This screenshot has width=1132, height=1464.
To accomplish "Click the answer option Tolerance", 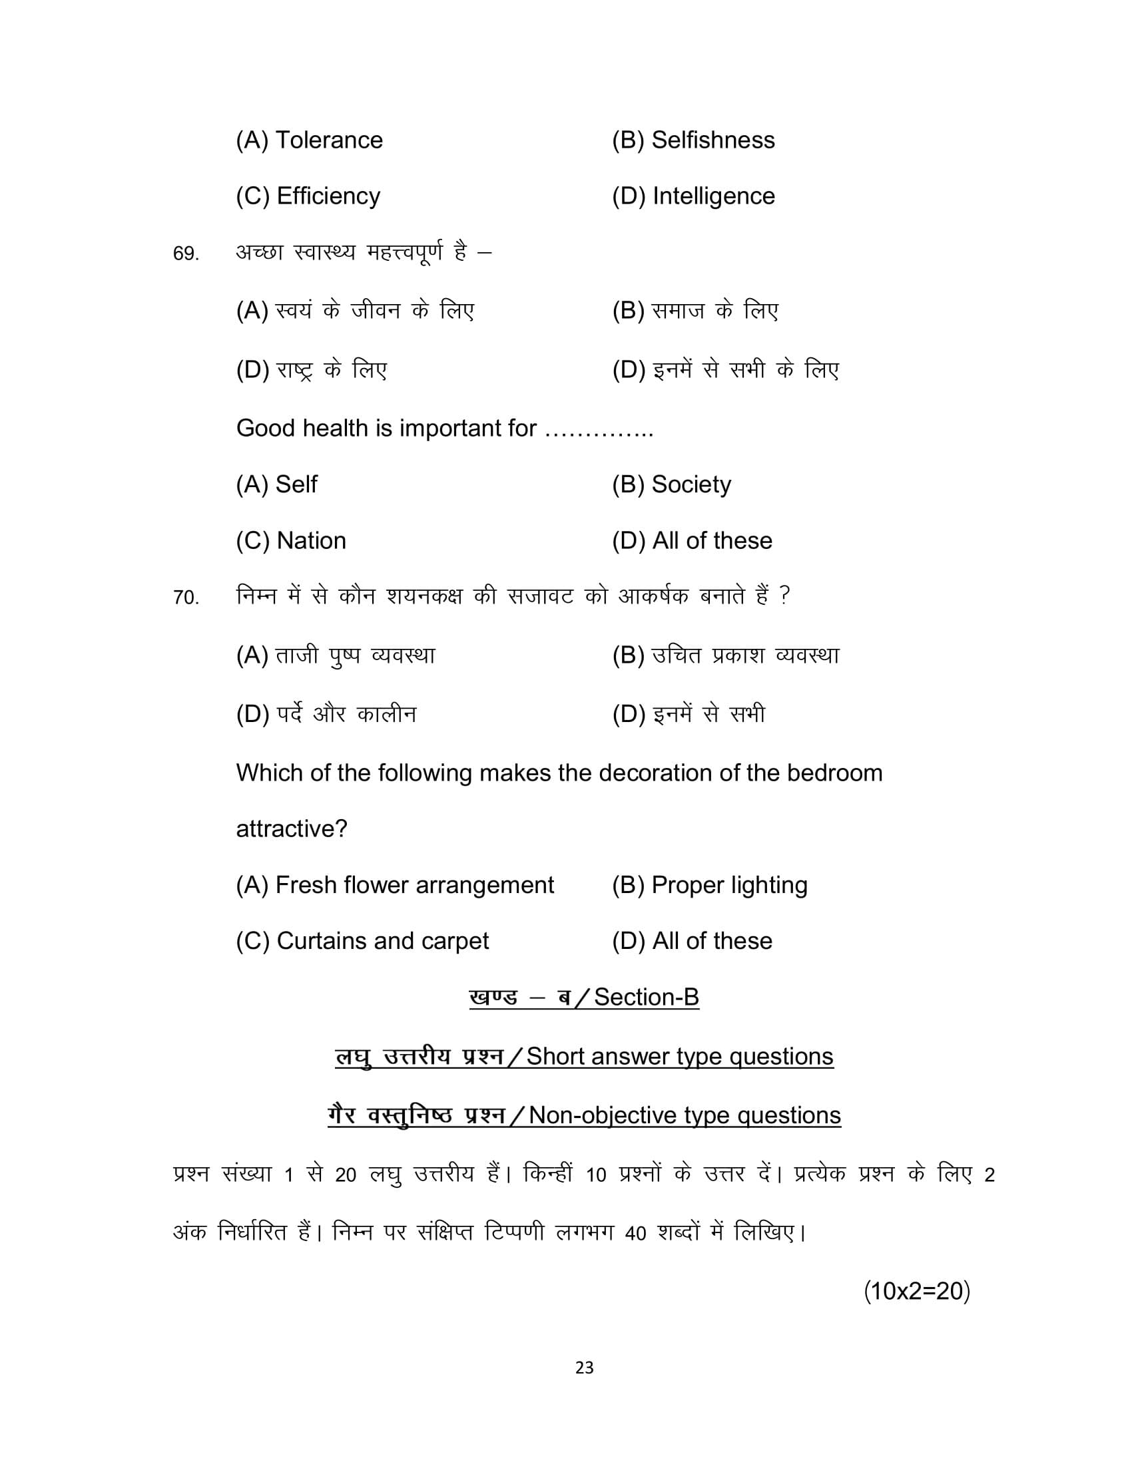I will (309, 140).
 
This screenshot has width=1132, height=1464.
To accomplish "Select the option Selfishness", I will (693, 140).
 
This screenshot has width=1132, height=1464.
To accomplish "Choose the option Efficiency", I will (308, 196).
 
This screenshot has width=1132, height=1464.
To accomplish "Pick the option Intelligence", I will (693, 196).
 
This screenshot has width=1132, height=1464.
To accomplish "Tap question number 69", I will (186, 254).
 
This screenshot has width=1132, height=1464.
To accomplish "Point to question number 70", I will (186, 598).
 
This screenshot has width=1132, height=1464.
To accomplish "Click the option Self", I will (276, 484).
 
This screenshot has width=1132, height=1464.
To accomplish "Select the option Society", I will (671, 484).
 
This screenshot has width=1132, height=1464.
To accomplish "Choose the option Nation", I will (291, 540).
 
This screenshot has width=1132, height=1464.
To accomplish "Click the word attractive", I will (291, 829).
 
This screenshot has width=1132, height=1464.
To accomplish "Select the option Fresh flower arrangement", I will (395, 885).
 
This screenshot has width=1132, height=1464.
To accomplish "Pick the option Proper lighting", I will (710, 885).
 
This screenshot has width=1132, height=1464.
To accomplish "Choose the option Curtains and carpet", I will (362, 941).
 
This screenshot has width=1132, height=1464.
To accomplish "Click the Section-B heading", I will (584, 998).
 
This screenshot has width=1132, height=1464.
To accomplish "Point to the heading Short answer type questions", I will (679, 1057).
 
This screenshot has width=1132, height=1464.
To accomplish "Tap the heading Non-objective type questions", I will (685, 1115).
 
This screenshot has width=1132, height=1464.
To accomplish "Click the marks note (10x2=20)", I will (917, 1290).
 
